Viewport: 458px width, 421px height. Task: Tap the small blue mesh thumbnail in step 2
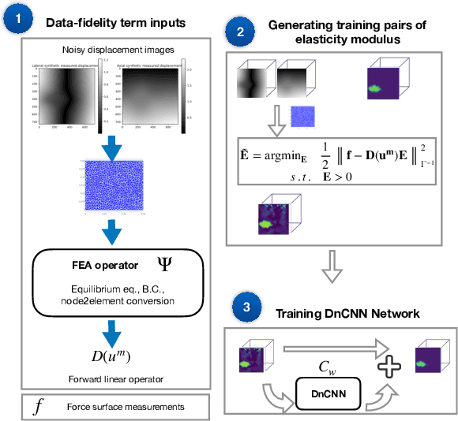[x=303, y=117]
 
